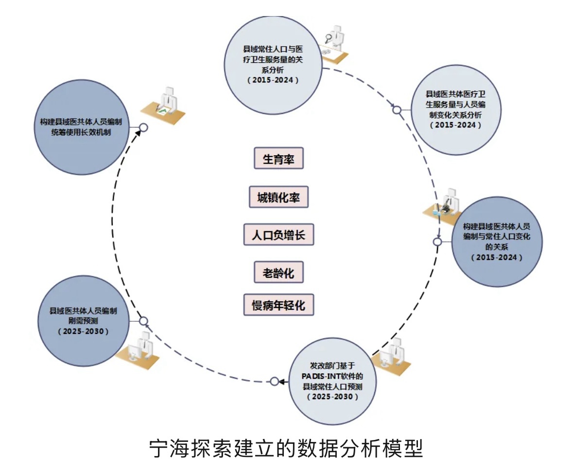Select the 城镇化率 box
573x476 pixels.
click(278, 197)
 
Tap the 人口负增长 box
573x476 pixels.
click(278, 235)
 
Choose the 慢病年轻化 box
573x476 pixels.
click(278, 305)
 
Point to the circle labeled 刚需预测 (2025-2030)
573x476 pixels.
click(83, 321)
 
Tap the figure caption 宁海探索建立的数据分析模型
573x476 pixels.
click(286, 448)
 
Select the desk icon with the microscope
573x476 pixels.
click(444, 205)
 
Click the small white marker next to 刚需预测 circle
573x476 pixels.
click(143, 321)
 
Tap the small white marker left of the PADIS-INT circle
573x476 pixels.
click(275, 381)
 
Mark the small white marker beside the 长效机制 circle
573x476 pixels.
click(143, 128)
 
